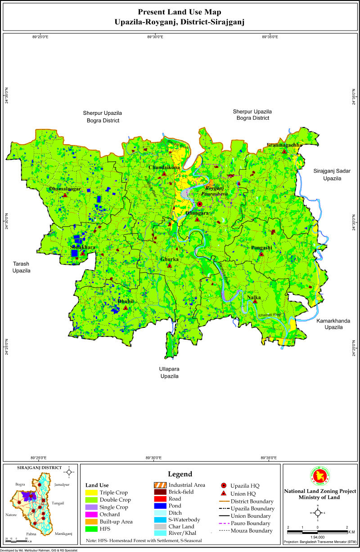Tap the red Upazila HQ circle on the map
click(200, 204)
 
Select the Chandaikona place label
click(164, 167)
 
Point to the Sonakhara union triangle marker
click(83, 253)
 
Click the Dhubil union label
click(126, 301)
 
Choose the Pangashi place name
click(261, 248)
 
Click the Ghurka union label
click(170, 260)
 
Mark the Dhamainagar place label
click(65, 189)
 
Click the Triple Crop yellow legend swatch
click(92, 493)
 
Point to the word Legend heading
click(180, 474)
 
